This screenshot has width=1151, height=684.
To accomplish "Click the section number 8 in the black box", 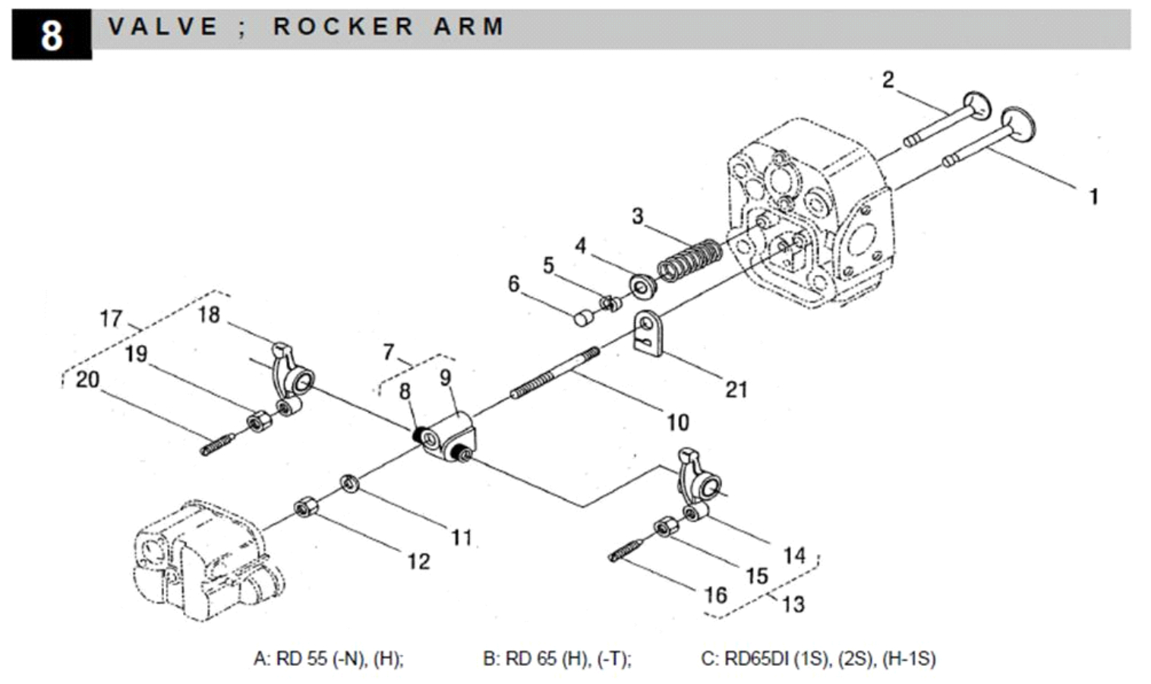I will pos(51,35).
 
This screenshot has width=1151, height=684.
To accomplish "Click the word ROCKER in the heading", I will pos(343,27).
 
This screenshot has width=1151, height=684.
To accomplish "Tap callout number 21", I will pos(736,390).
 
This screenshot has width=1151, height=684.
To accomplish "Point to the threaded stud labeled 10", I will pos(554,372).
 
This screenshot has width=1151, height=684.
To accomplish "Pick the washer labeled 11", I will pos(350,483).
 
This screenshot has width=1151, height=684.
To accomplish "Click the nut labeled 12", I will pos(305,506).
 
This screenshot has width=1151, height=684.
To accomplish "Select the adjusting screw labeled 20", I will pos(217,445).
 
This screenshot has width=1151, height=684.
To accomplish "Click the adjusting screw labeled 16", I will pos(626,551).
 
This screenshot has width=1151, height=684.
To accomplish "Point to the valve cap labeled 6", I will pos(582,316).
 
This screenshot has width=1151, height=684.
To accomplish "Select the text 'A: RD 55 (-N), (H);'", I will pos(328,658).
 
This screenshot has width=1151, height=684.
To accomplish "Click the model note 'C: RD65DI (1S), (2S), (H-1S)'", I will pos(818,658).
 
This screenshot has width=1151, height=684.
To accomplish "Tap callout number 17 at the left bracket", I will pos(111,318).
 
